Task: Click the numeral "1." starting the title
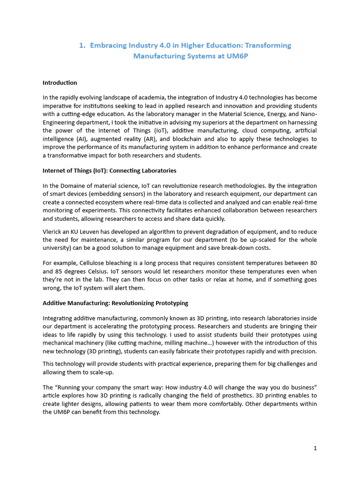tap(82, 45)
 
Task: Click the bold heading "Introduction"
tap(60, 83)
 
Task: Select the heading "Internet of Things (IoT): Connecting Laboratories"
tap(109, 171)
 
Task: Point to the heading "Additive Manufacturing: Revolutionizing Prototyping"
tap(115, 303)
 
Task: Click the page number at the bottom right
tap(315, 448)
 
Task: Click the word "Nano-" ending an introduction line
tap(308, 114)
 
